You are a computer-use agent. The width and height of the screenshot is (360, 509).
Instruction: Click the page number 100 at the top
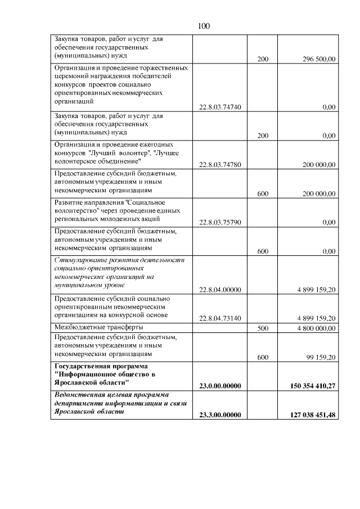click(204, 26)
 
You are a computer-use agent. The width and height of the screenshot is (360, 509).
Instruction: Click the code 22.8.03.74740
click(220, 107)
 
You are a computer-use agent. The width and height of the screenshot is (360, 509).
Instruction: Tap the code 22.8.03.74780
click(220, 165)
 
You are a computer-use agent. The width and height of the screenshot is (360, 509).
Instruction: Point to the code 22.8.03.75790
click(220, 223)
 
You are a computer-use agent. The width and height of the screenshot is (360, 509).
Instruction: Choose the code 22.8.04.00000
click(220, 290)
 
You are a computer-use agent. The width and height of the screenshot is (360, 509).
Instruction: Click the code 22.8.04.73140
click(220, 318)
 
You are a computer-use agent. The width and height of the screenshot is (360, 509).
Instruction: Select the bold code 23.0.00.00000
click(220, 386)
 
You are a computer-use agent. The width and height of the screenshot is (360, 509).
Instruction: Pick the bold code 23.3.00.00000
click(220, 415)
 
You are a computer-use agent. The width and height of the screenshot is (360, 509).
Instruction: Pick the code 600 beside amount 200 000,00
click(262, 194)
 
